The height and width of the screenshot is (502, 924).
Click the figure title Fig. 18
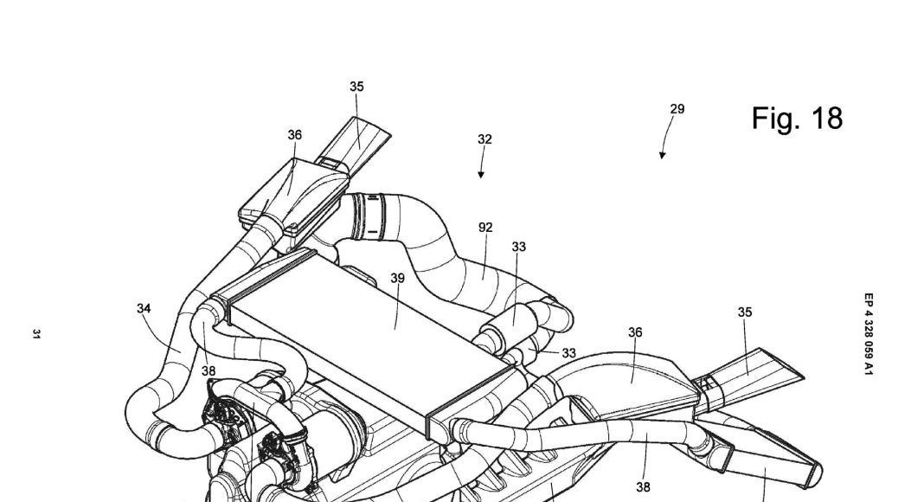tap(796, 119)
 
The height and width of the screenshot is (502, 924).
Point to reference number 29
tap(677, 109)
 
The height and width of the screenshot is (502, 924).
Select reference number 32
tap(484, 138)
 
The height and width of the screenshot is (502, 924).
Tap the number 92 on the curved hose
tap(485, 228)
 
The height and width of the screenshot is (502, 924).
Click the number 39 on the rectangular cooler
tap(396, 278)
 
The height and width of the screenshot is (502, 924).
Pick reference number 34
tap(144, 307)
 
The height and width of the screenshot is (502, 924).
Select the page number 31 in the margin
tap(36, 334)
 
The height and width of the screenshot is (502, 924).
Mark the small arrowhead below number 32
tap(481, 175)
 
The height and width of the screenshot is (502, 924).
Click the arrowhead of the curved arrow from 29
tap(662, 156)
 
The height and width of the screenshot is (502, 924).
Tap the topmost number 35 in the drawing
tap(356, 87)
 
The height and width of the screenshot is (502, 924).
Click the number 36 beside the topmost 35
tap(295, 135)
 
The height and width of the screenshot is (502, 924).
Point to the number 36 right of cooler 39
tap(635, 332)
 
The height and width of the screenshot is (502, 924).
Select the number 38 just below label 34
tap(208, 370)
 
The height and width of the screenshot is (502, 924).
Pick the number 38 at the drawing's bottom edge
tap(642, 486)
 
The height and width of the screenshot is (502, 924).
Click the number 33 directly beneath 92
tap(518, 247)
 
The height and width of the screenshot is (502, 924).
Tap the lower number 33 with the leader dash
tap(568, 352)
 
